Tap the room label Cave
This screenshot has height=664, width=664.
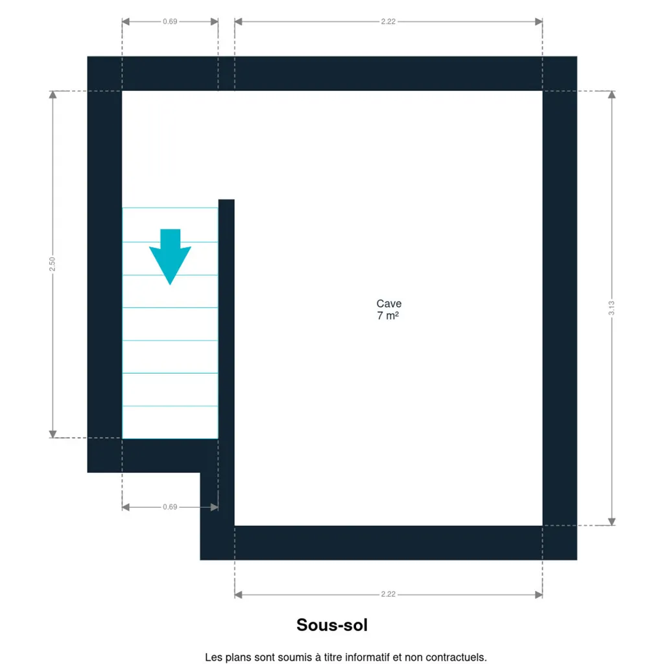[389, 303]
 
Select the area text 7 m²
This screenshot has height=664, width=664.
[388, 316]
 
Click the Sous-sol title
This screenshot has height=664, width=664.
[332, 625]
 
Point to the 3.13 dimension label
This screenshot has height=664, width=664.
[611, 308]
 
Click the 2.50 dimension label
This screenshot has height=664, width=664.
[52, 264]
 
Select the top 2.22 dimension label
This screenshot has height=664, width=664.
[388, 21]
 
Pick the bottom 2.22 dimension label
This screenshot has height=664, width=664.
[388, 594]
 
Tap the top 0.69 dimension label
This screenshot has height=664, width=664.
[170, 21]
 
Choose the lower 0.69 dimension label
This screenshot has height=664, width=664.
[170, 507]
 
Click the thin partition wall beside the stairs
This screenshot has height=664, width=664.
[226, 362]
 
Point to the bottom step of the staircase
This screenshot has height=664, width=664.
[171, 422]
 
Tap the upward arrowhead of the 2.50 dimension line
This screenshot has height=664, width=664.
[53, 95]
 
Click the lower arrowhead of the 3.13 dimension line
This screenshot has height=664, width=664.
[611, 522]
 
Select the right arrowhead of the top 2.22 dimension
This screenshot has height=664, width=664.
[539, 21]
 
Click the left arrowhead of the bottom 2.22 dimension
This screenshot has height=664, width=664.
[239, 595]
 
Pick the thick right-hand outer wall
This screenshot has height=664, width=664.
[560, 308]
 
